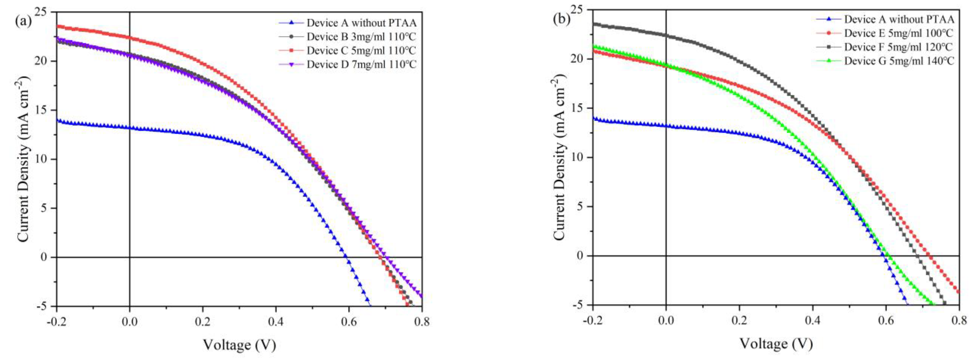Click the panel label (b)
(561, 19)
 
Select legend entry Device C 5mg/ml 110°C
(361, 51)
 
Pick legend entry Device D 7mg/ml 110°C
(361, 64)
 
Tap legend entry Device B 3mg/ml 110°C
(361, 37)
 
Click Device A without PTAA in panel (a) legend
(361, 23)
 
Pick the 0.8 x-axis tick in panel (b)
(959, 321)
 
